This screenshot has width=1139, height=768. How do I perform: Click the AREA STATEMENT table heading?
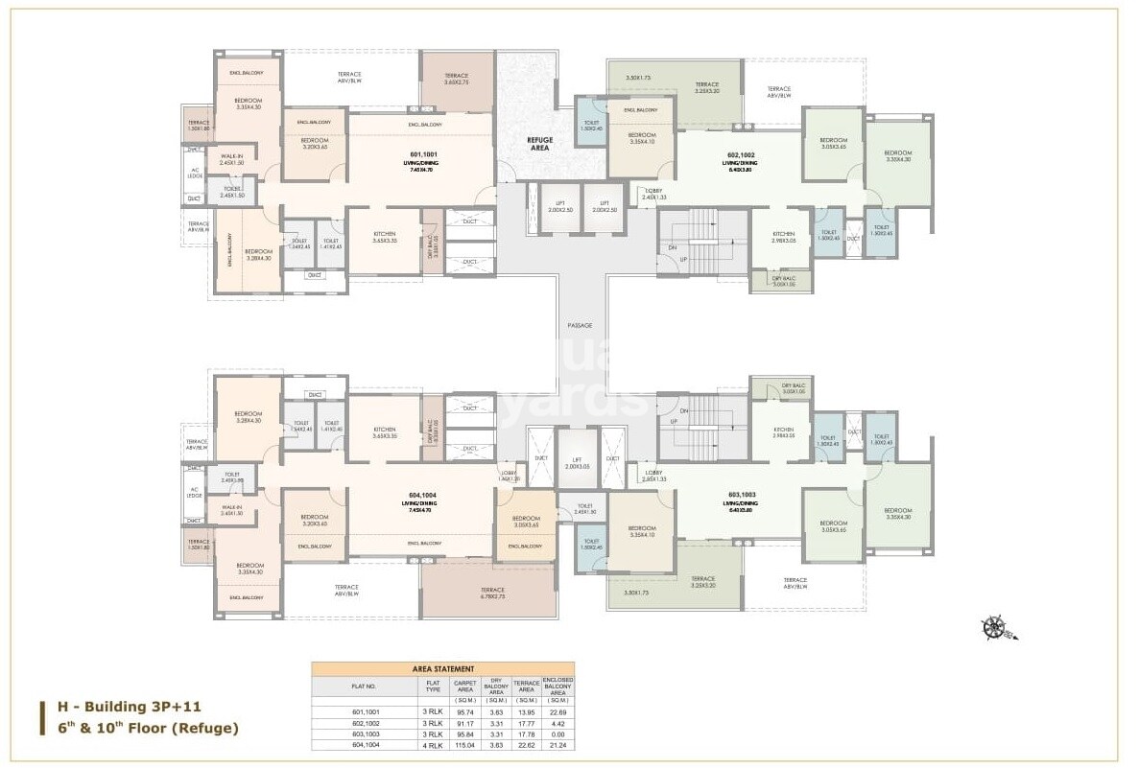(442, 669)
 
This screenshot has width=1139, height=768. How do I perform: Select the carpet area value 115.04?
(465, 744)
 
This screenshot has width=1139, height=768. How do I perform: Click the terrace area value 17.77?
(524, 723)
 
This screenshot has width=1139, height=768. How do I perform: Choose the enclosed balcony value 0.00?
(558, 733)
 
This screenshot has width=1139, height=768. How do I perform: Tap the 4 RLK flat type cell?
(433, 744)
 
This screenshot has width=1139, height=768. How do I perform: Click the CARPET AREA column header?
(465, 686)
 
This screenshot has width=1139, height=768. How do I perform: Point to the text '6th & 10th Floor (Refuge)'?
(148, 729)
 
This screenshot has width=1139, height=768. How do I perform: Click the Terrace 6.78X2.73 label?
(492, 593)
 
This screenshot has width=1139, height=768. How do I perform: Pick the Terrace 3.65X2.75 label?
(456, 80)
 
